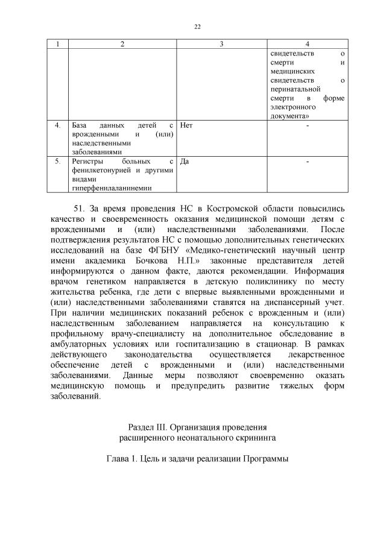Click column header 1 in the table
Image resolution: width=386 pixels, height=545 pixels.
point(58,44)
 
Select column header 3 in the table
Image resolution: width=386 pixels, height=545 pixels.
point(221,44)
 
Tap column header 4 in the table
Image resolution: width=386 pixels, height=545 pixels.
point(308,44)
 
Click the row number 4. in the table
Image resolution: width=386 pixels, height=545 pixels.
point(58,125)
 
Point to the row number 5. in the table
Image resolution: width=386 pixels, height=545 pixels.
point(58,162)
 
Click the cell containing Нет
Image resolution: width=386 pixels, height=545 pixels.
point(186,125)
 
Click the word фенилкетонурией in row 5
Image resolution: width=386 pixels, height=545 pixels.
point(100,170)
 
